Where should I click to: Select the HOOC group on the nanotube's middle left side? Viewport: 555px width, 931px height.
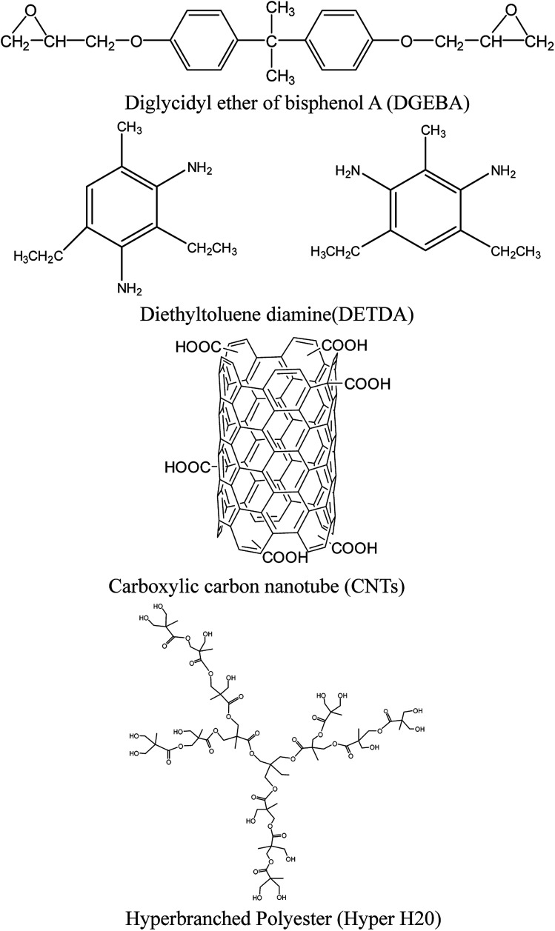pyautogui.click(x=187, y=467)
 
